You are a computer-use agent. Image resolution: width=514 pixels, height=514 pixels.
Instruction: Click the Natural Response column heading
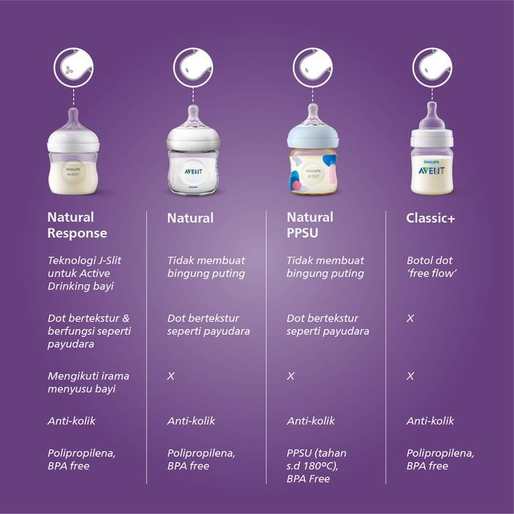click(x=77, y=225)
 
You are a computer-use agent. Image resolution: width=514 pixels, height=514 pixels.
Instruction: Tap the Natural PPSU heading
click(x=310, y=225)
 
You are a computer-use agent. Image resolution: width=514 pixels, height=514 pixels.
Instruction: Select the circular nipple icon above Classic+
click(x=432, y=67)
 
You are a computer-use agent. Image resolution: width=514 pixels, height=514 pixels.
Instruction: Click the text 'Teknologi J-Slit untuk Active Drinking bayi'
click(x=84, y=273)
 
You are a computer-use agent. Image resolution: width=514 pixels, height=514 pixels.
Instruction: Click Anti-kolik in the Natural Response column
click(x=72, y=421)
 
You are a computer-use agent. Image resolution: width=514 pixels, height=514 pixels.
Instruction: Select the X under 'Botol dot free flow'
click(x=410, y=319)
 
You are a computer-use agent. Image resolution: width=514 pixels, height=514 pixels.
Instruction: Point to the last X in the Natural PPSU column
click(x=291, y=376)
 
